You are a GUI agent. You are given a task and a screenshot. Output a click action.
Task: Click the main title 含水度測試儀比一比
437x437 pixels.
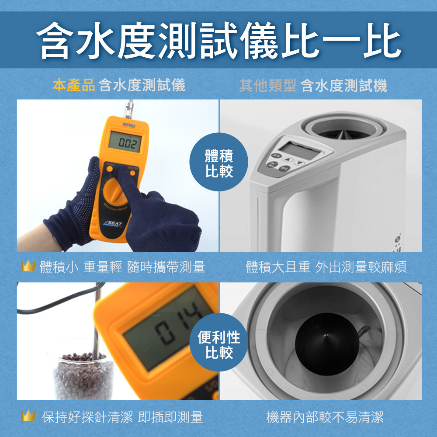pyautogui.click(x=219, y=40)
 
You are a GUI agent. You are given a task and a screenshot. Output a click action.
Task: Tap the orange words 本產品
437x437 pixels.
pyautogui.click(x=73, y=85)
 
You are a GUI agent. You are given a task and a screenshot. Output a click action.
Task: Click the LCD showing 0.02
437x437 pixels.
pyautogui.click(x=125, y=142)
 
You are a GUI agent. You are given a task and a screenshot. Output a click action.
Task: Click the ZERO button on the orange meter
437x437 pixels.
pyautogui.click(x=110, y=169)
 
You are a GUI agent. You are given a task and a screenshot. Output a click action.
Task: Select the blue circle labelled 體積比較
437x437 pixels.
pyautogui.click(x=219, y=162)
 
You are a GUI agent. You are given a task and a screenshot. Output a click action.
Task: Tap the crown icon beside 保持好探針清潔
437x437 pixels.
pyautogui.click(x=28, y=416)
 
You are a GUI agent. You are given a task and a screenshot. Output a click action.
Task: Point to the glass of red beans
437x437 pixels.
pyautogui.click(x=83, y=376)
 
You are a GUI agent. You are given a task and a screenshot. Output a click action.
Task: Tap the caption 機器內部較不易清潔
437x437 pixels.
pyautogui.click(x=325, y=417)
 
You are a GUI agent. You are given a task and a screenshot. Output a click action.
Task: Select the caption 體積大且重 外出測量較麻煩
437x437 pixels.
pyautogui.click(x=326, y=267)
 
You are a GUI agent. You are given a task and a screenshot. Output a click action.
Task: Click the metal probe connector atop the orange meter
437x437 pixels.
pyautogui.click(x=129, y=110)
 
